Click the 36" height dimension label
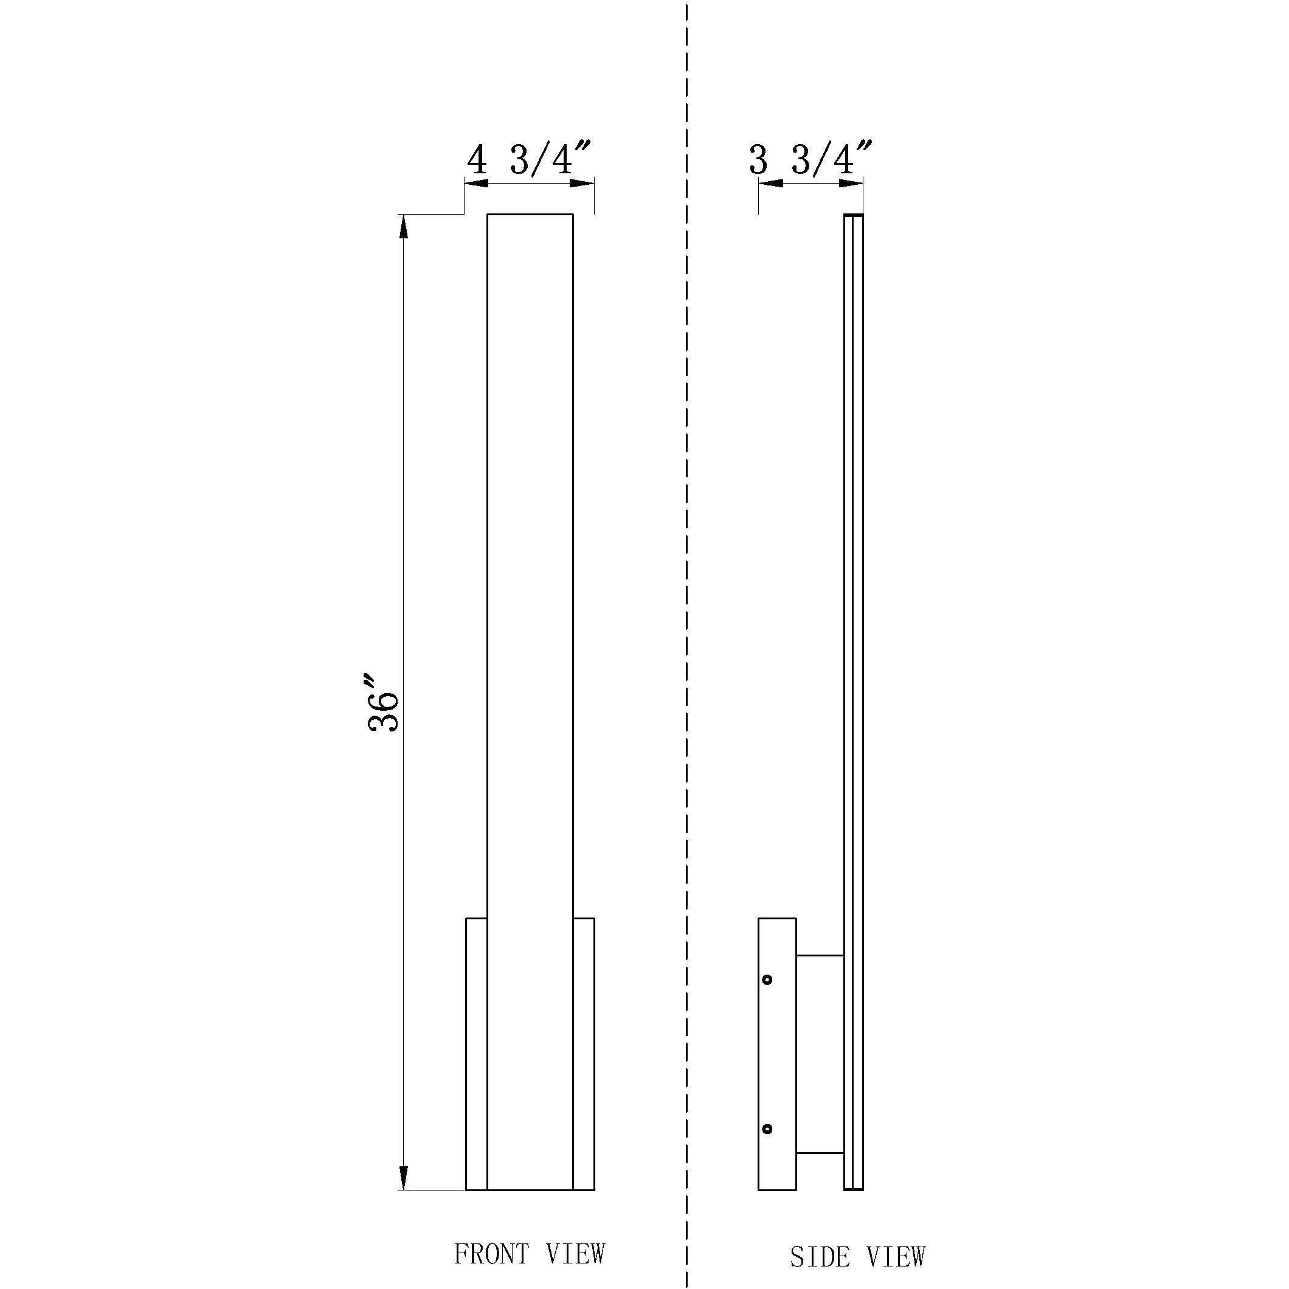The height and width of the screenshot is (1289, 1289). point(384,702)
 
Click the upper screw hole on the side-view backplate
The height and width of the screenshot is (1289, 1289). point(767,980)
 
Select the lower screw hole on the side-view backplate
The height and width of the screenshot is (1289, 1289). point(767,1130)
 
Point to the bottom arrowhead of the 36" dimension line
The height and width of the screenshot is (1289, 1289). point(403,1178)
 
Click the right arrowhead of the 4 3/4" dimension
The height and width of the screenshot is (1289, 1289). point(582,184)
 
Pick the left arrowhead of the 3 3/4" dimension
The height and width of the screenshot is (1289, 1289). point(770,184)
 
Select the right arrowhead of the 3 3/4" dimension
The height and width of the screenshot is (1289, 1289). point(851,184)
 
